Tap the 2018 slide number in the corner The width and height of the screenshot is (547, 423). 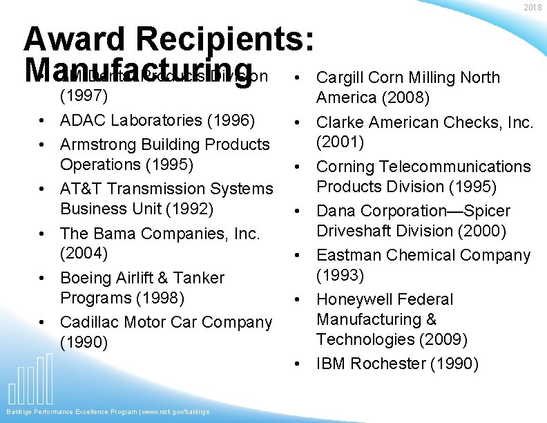(x=532, y=8)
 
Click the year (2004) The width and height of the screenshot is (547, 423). (x=84, y=253)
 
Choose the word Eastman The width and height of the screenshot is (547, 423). (x=349, y=256)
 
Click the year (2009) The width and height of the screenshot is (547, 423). (x=443, y=339)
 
